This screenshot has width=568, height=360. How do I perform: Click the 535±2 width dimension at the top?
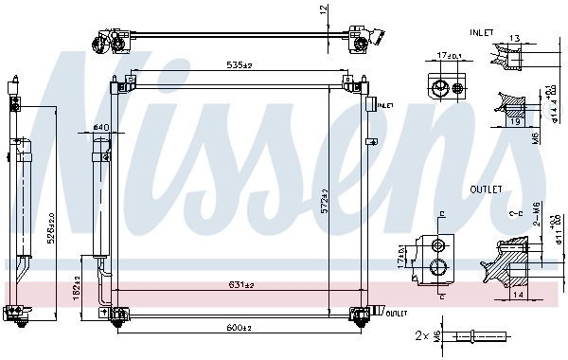(238, 65)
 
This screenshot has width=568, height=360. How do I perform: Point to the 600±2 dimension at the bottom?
(238, 328)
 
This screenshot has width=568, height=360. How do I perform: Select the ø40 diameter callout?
(101, 128)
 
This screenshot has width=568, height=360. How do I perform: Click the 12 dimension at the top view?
(323, 10)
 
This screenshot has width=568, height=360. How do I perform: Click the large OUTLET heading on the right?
(487, 189)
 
